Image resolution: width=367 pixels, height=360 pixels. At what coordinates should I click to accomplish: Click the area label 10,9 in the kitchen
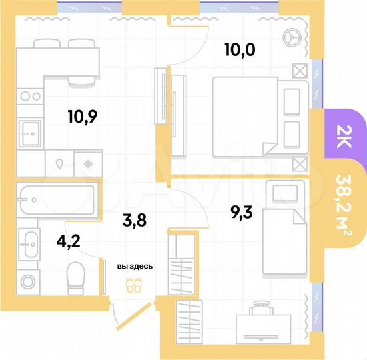pyautogui.click(x=82, y=117)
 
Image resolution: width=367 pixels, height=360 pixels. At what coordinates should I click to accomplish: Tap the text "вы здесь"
pyautogui.click(x=135, y=267)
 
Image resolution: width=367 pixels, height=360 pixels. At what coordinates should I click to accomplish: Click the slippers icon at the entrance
pyautogui.click(x=135, y=285)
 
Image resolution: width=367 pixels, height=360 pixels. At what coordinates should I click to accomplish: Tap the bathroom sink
pyautogui.click(x=29, y=243)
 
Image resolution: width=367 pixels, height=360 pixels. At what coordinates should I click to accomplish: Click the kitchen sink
pyautogui.click(x=29, y=131)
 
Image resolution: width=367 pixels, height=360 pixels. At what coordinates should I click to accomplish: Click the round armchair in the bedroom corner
pyautogui.click(x=292, y=38)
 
